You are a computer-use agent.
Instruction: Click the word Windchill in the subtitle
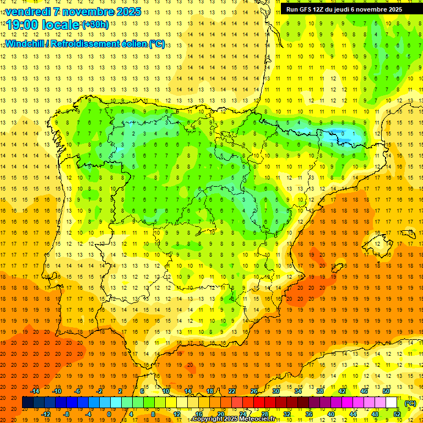coord(25,44)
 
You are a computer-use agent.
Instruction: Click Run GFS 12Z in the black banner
coord(305,9)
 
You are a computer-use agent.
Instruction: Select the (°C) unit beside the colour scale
coord(410,403)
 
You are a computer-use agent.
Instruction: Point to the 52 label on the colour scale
coord(397,414)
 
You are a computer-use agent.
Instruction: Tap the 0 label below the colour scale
coord(110,414)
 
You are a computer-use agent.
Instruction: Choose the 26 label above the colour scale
coord(254,391)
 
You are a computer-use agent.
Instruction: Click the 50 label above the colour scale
coord(386,391)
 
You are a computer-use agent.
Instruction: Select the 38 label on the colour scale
coord(320,391)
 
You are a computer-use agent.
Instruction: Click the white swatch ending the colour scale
coord(392,403)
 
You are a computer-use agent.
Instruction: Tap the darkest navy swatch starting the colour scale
coord(28,403)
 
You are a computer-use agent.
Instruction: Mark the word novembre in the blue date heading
coord(88,12)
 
